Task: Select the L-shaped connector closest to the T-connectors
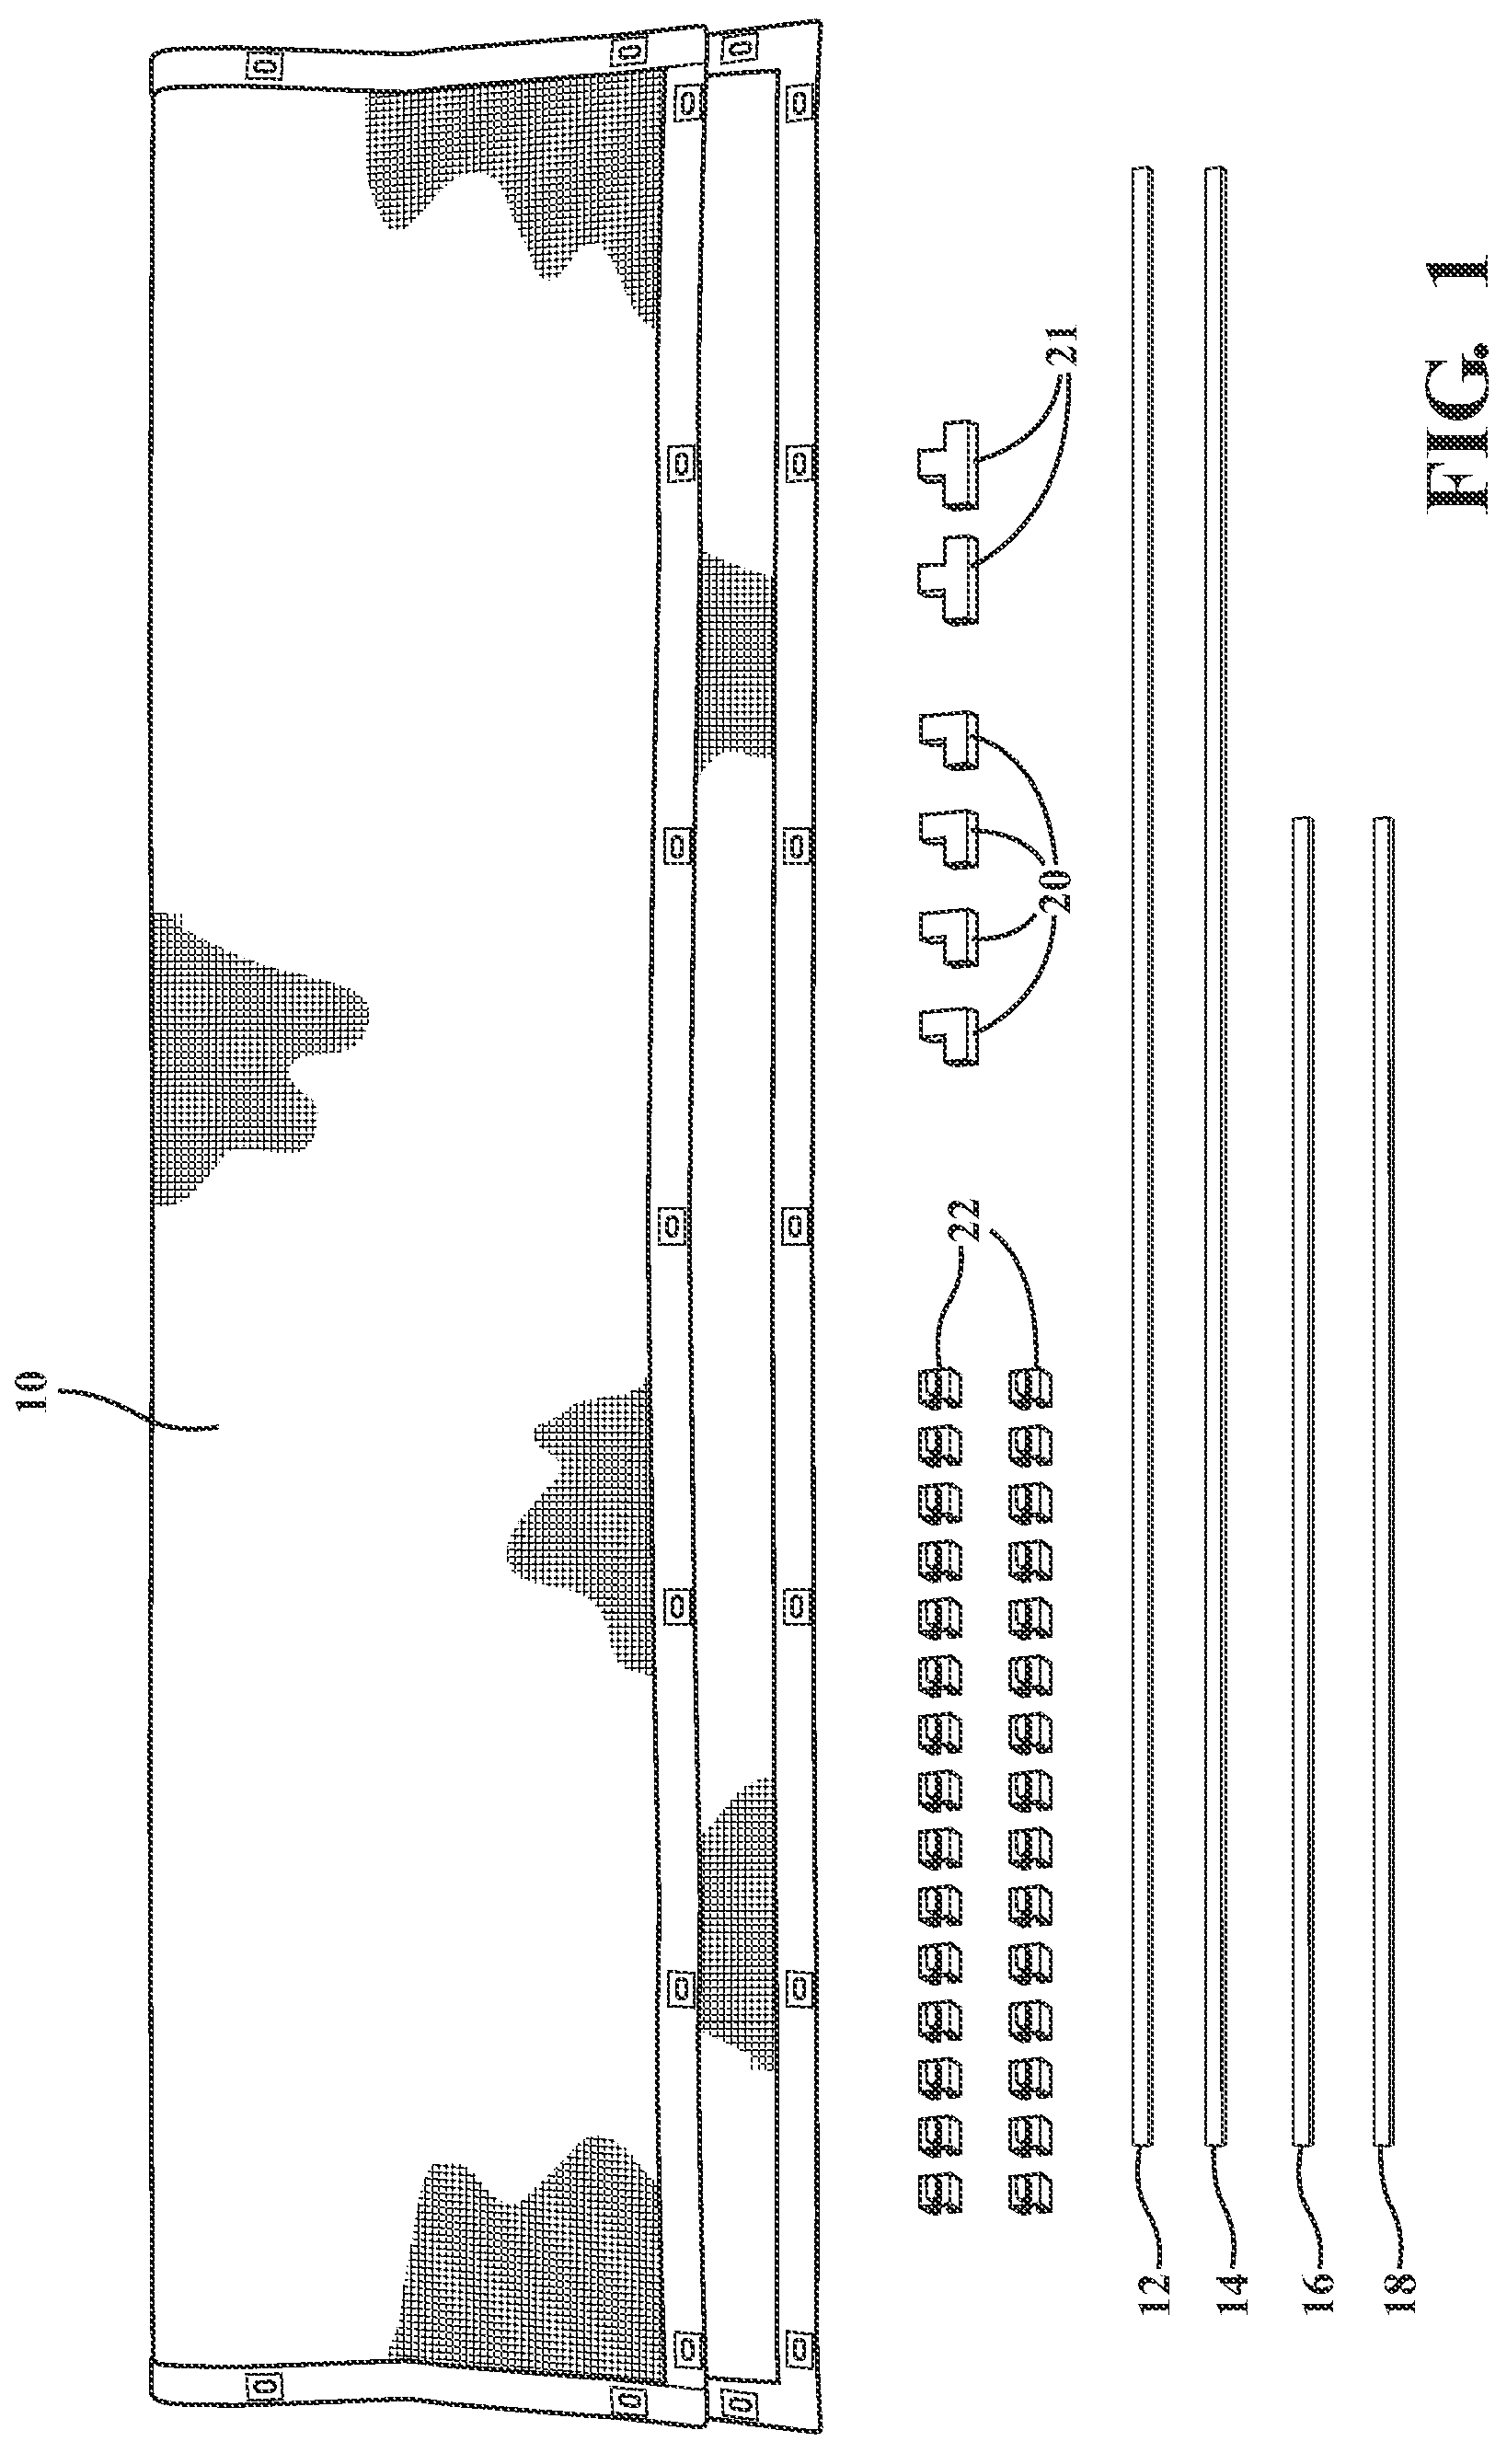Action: (948, 740)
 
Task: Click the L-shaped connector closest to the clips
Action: (948, 1037)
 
